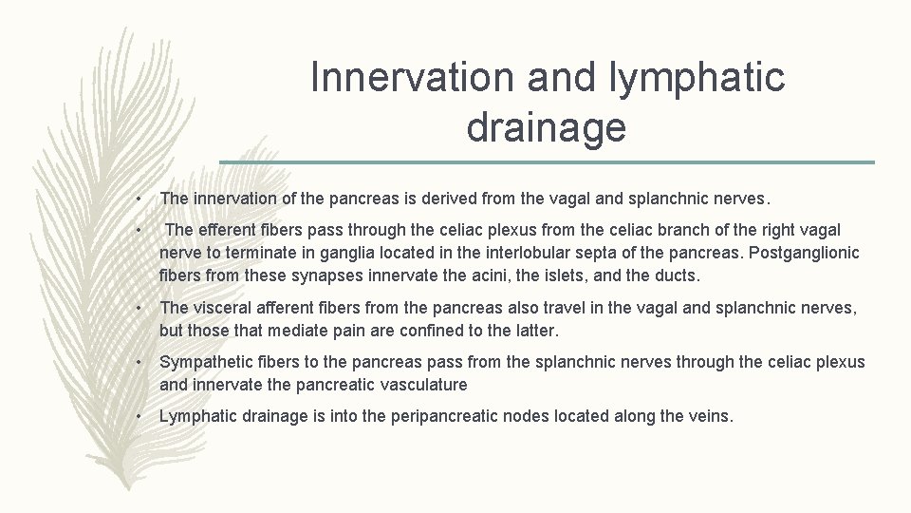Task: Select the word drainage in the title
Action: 546,127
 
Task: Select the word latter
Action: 536,330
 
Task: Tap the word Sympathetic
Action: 206,362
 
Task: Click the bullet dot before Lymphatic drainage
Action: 139,417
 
